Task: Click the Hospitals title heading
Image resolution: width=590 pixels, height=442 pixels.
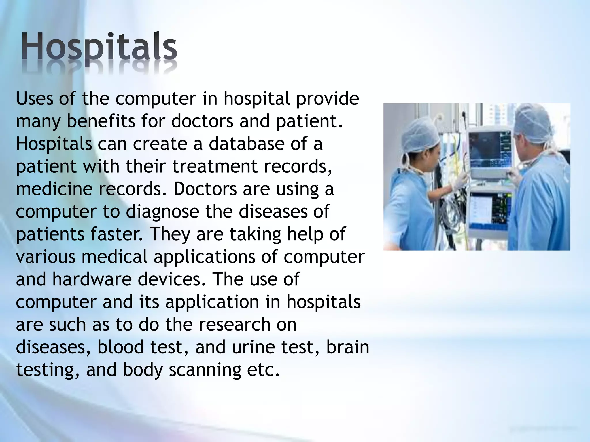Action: (99, 47)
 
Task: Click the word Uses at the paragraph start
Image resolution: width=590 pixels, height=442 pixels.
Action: (35, 99)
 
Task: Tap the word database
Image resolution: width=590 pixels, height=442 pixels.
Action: (246, 144)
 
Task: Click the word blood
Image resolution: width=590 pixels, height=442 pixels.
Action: (120, 347)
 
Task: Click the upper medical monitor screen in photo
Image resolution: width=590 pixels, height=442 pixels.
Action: (487, 150)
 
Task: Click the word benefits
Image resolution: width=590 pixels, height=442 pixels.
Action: (101, 121)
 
